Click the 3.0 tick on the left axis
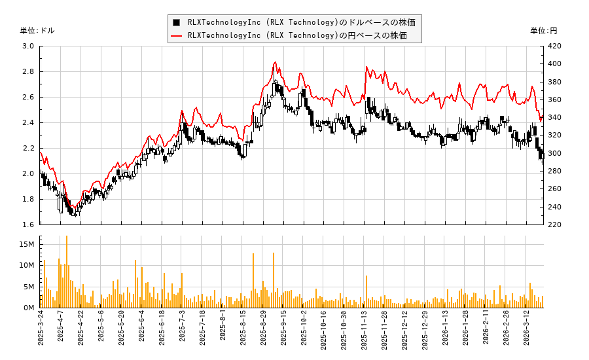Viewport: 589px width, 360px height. (x=28, y=46)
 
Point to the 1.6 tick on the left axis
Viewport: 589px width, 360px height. (x=28, y=225)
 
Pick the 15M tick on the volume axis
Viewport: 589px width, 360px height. (x=27, y=244)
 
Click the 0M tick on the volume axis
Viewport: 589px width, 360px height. (x=29, y=308)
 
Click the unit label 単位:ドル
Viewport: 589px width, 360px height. (x=37, y=31)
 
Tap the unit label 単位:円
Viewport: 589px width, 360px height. (x=543, y=31)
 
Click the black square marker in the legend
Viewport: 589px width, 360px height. (x=176, y=22)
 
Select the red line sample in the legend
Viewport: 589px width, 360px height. (x=176, y=35)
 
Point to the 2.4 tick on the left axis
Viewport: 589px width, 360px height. (x=28, y=123)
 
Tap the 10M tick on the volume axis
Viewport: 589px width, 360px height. (x=27, y=265)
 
